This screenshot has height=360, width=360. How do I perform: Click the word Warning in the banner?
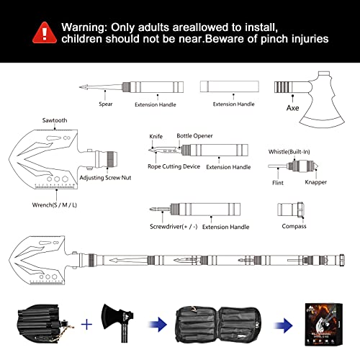pyautogui.click(x=84, y=27)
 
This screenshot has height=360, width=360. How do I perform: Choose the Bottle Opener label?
pyautogui.click(x=194, y=135)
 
